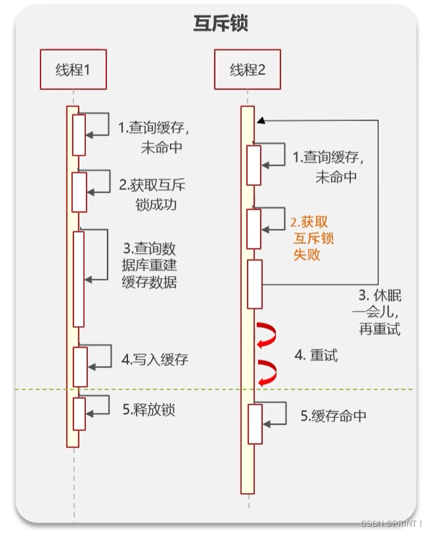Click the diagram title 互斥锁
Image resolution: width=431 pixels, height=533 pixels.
tap(220, 24)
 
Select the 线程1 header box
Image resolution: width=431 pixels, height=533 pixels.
tap(73, 69)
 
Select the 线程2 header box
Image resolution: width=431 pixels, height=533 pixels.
tap(247, 69)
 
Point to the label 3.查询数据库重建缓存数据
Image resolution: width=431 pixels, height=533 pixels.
tap(149, 265)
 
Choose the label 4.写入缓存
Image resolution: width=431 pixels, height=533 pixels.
tap(155, 360)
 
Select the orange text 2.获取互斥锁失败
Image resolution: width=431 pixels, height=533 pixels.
tap(312, 238)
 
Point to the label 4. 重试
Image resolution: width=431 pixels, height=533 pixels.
tap(316, 355)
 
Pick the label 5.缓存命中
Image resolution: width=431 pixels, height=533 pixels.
tap(333, 416)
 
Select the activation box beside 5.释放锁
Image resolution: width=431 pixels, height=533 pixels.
tap(79, 413)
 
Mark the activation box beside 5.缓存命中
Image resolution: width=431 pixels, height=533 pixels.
tap(254, 423)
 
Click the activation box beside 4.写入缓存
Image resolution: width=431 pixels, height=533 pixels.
tap(80, 366)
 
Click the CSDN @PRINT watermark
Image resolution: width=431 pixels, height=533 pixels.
tap(391, 524)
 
